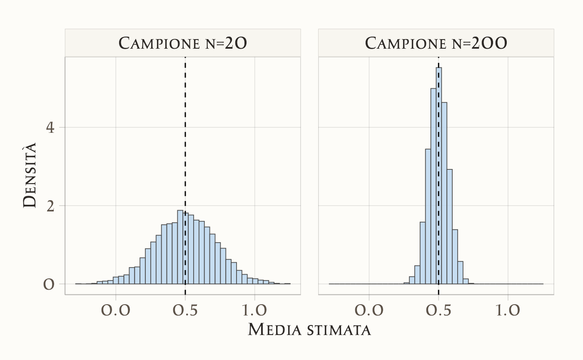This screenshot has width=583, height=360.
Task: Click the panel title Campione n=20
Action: point(183,43)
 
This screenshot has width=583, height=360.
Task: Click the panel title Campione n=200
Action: point(436,43)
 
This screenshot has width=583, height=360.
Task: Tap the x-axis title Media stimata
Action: point(309,330)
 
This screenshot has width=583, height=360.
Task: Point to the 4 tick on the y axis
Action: point(50,127)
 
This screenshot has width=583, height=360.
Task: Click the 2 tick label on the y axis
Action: point(50,206)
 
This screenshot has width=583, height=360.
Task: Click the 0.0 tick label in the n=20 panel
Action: point(116,310)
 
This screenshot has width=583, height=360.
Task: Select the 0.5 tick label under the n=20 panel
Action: point(185,310)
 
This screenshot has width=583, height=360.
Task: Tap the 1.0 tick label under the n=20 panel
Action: point(255,310)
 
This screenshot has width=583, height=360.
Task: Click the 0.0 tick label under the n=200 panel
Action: point(369,310)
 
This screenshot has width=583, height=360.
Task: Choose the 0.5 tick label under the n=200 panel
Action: point(438,310)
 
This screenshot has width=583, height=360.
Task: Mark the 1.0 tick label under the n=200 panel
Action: point(508,310)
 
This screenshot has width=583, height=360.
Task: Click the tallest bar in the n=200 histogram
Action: point(439,175)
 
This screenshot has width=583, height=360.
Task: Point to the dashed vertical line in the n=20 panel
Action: point(185,125)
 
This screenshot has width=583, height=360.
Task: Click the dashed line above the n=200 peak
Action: point(438,62)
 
